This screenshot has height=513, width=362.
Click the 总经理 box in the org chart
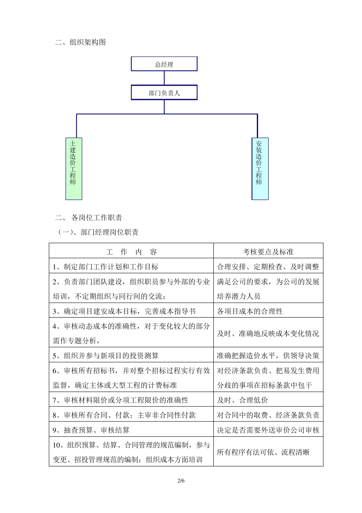164,64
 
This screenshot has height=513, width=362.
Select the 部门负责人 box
164,93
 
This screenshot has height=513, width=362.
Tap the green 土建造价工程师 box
74,169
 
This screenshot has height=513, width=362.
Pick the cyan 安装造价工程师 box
260,169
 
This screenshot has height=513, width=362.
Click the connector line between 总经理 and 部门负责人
164,78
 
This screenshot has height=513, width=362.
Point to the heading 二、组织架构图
80,42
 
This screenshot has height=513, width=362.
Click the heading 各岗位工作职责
96,218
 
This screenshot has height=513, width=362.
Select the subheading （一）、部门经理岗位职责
98,232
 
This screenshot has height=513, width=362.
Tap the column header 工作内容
131,252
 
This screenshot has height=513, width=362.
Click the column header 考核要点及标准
268,252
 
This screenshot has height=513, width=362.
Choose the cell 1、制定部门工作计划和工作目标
106,267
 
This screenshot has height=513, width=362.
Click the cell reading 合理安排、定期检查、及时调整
268,267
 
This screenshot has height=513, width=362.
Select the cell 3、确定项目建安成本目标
124,311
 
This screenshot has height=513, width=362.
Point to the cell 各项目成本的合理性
250,311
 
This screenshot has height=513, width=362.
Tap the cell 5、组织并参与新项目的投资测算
106,356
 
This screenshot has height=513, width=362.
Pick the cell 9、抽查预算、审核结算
91,430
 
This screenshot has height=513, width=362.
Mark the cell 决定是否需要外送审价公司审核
268,430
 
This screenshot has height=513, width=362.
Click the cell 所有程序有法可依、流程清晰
263,452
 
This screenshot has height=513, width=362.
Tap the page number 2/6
181,481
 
